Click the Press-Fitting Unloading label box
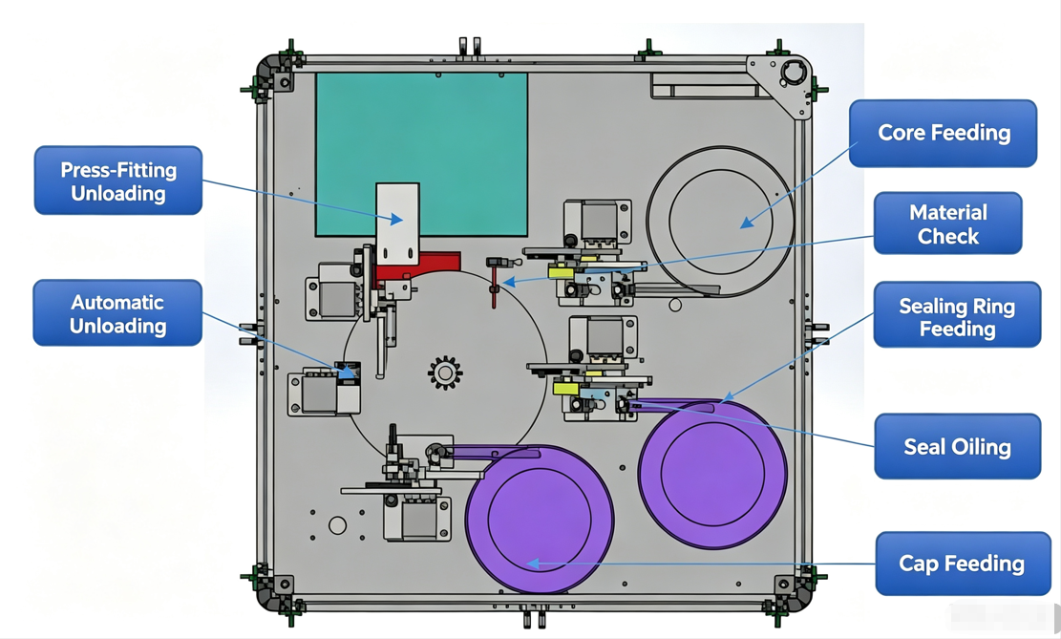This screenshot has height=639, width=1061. point(118,181)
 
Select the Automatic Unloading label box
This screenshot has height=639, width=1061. point(117,312)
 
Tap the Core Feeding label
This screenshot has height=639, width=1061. point(944,134)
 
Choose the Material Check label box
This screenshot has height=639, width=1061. point(948,224)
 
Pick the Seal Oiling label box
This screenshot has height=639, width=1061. point(958,447)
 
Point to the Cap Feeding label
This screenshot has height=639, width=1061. point(963,564)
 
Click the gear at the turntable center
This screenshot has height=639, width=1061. point(445,373)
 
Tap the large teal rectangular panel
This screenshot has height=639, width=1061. point(421,155)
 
